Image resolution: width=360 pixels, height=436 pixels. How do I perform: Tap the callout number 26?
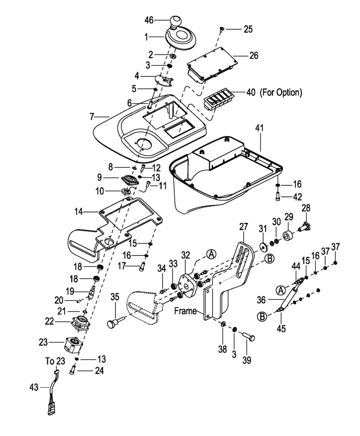254,56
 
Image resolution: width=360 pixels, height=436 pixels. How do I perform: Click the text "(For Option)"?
281,92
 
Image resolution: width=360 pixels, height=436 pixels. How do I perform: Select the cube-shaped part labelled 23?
73,344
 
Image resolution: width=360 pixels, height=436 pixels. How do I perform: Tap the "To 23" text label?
54,361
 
